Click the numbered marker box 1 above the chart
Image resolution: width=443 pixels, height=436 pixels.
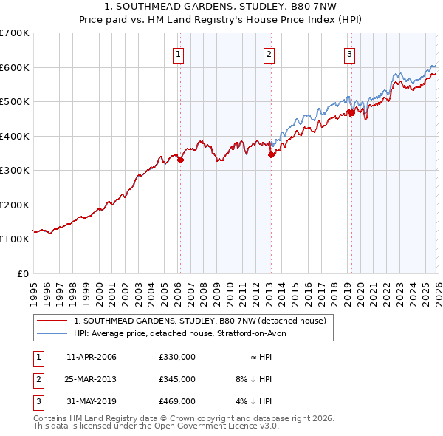179,53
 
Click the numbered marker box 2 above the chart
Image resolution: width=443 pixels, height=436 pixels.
269,53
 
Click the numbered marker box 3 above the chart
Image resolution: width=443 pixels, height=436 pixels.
349,53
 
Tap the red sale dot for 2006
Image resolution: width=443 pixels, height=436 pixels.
180,160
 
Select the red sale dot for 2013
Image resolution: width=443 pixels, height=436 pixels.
271,154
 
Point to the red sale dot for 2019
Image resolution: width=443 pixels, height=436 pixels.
352,112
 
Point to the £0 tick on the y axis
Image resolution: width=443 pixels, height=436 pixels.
22,273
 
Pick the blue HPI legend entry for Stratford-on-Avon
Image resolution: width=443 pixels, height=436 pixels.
185,333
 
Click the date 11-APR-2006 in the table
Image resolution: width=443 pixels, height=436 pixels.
92,357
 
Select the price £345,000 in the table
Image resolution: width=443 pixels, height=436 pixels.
176,379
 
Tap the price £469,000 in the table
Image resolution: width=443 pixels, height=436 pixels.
176,401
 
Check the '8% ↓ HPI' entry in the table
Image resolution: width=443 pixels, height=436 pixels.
253,379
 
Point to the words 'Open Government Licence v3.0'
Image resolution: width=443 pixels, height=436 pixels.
215,426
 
